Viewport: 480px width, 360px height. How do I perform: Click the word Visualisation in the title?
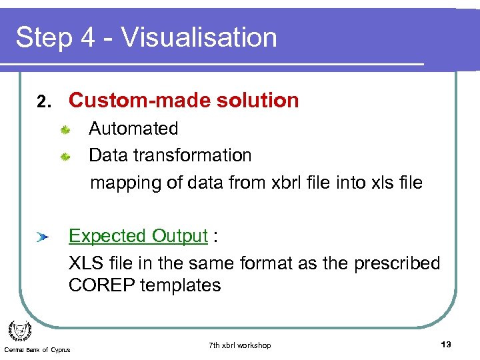[x=199, y=37]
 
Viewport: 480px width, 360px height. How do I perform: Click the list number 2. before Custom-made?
[x=44, y=102]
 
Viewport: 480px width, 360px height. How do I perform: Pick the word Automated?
[x=133, y=129]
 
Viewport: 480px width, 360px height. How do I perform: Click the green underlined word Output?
[x=180, y=237]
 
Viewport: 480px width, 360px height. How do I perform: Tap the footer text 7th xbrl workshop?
[x=239, y=345]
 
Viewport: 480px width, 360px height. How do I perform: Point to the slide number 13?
[x=446, y=344]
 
